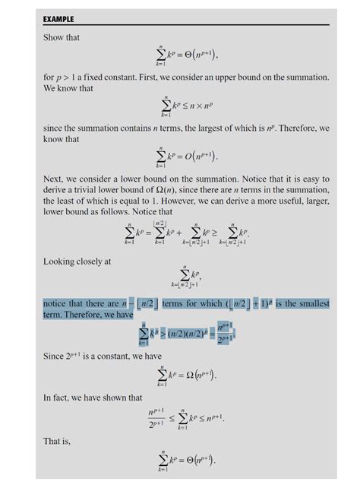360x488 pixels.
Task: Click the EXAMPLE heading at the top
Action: coord(58,18)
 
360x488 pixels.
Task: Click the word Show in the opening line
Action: coord(53,36)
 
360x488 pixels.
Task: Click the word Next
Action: coord(54,179)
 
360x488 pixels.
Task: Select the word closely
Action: coord(92,261)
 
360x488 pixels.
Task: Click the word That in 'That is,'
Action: coord(52,440)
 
